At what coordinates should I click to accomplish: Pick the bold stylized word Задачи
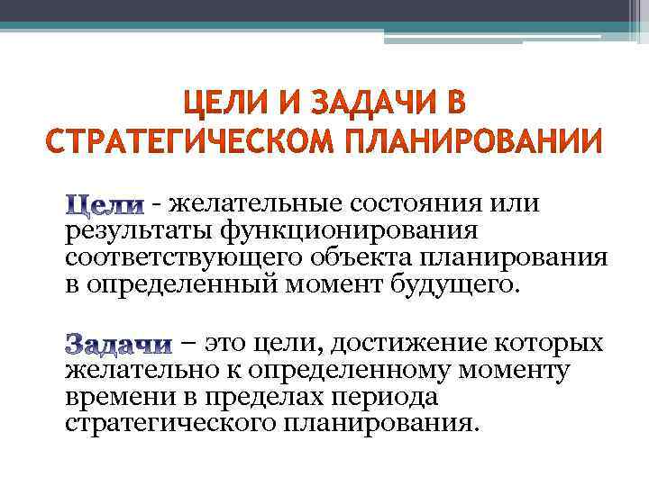[x=120, y=345]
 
